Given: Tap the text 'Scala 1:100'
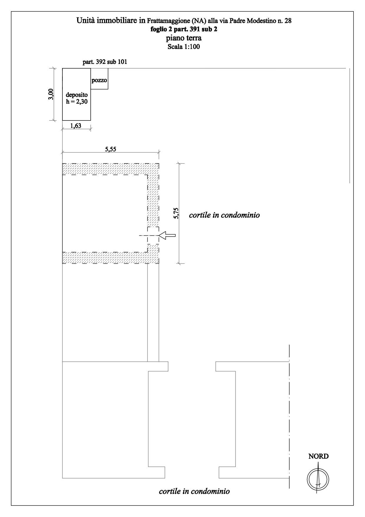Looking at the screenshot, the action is [x=184, y=47].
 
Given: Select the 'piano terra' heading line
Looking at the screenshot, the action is [x=184, y=38].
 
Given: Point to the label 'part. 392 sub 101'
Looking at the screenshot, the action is [x=105, y=62].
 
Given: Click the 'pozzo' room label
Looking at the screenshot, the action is [x=99, y=80].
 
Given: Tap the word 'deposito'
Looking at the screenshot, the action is [x=77, y=95].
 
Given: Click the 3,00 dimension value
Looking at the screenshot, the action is [x=51, y=94].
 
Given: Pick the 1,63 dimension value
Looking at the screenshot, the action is [x=76, y=125].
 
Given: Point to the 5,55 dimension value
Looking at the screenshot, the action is [x=110, y=149].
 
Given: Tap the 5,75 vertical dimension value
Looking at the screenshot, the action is [x=176, y=213].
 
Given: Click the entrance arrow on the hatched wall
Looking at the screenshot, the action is [x=167, y=235].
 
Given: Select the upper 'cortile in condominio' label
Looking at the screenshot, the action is [x=224, y=215].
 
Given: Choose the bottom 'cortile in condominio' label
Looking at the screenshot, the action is [x=194, y=491].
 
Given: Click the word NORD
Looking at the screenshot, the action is [x=318, y=456].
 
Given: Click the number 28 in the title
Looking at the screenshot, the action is [x=288, y=21].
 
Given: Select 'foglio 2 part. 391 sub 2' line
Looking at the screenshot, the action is [x=184, y=29].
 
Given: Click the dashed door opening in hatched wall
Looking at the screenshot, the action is [x=153, y=236].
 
